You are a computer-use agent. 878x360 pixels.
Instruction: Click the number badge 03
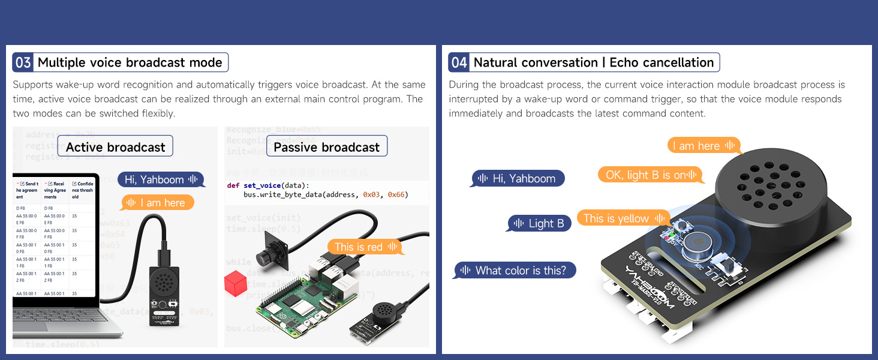[x=23, y=62]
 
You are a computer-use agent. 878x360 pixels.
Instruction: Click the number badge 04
[x=459, y=62]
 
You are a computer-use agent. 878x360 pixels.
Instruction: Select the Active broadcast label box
[x=115, y=147]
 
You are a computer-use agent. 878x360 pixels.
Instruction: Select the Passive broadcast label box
[x=326, y=147]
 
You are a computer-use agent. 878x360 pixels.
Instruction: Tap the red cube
[x=236, y=283]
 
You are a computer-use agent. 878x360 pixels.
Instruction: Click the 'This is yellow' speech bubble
[x=623, y=218]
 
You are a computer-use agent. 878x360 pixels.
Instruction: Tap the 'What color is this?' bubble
[x=515, y=271]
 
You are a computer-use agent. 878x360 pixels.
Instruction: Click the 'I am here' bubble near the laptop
[x=158, y=203]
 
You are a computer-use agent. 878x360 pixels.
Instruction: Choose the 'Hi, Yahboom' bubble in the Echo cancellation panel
[x=518, y=178]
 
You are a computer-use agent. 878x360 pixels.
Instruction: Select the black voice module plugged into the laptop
[x=164, y=294]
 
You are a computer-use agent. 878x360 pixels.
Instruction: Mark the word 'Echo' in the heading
[x=624, y=62]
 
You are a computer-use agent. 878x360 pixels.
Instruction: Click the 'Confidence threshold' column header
[x=83, y=190]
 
